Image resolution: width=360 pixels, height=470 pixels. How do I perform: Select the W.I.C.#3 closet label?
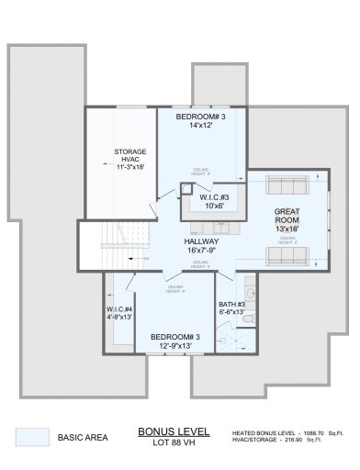coord(219,197)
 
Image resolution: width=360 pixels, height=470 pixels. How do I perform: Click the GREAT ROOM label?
coord(287,216)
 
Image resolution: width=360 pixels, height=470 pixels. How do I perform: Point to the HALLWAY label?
coord(201,241)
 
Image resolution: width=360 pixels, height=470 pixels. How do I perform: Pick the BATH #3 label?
coord(231,304)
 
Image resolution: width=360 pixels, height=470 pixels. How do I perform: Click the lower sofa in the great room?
coord(287,254)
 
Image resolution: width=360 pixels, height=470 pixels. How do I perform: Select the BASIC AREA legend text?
coord(84,438)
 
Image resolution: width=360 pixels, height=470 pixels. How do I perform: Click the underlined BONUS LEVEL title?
coord(174,430)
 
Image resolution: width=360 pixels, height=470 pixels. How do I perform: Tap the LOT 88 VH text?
coord(174,442)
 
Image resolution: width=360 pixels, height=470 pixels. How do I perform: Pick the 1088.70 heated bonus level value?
coord(312,431)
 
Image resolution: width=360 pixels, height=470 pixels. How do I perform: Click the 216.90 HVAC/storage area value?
coord(312,441)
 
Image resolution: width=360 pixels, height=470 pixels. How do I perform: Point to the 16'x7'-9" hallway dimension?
coord(201,251)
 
